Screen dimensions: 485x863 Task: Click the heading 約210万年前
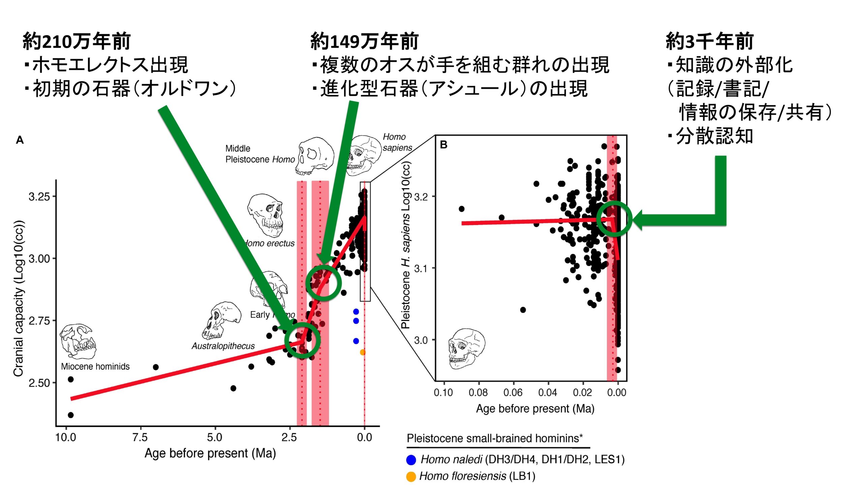77,41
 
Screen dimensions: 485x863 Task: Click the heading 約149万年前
364,41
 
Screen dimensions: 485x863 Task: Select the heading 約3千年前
709,41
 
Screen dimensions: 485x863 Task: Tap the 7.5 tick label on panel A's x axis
140,437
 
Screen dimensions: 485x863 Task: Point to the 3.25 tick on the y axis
39,196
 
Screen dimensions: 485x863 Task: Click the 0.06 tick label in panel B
513,392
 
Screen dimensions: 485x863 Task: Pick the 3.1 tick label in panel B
421,268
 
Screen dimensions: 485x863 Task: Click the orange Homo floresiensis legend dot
411,477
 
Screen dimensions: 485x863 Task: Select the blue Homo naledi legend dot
411,460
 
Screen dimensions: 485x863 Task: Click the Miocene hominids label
95,366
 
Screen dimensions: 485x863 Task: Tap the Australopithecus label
223,346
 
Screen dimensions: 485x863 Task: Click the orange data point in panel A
363,352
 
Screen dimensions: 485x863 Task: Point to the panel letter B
444,145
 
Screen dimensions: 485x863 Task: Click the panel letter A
20,140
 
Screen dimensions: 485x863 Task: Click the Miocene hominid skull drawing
78,341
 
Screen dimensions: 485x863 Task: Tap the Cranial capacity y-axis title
19,298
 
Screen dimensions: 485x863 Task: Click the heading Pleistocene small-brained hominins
495,439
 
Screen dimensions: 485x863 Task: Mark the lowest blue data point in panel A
356,341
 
